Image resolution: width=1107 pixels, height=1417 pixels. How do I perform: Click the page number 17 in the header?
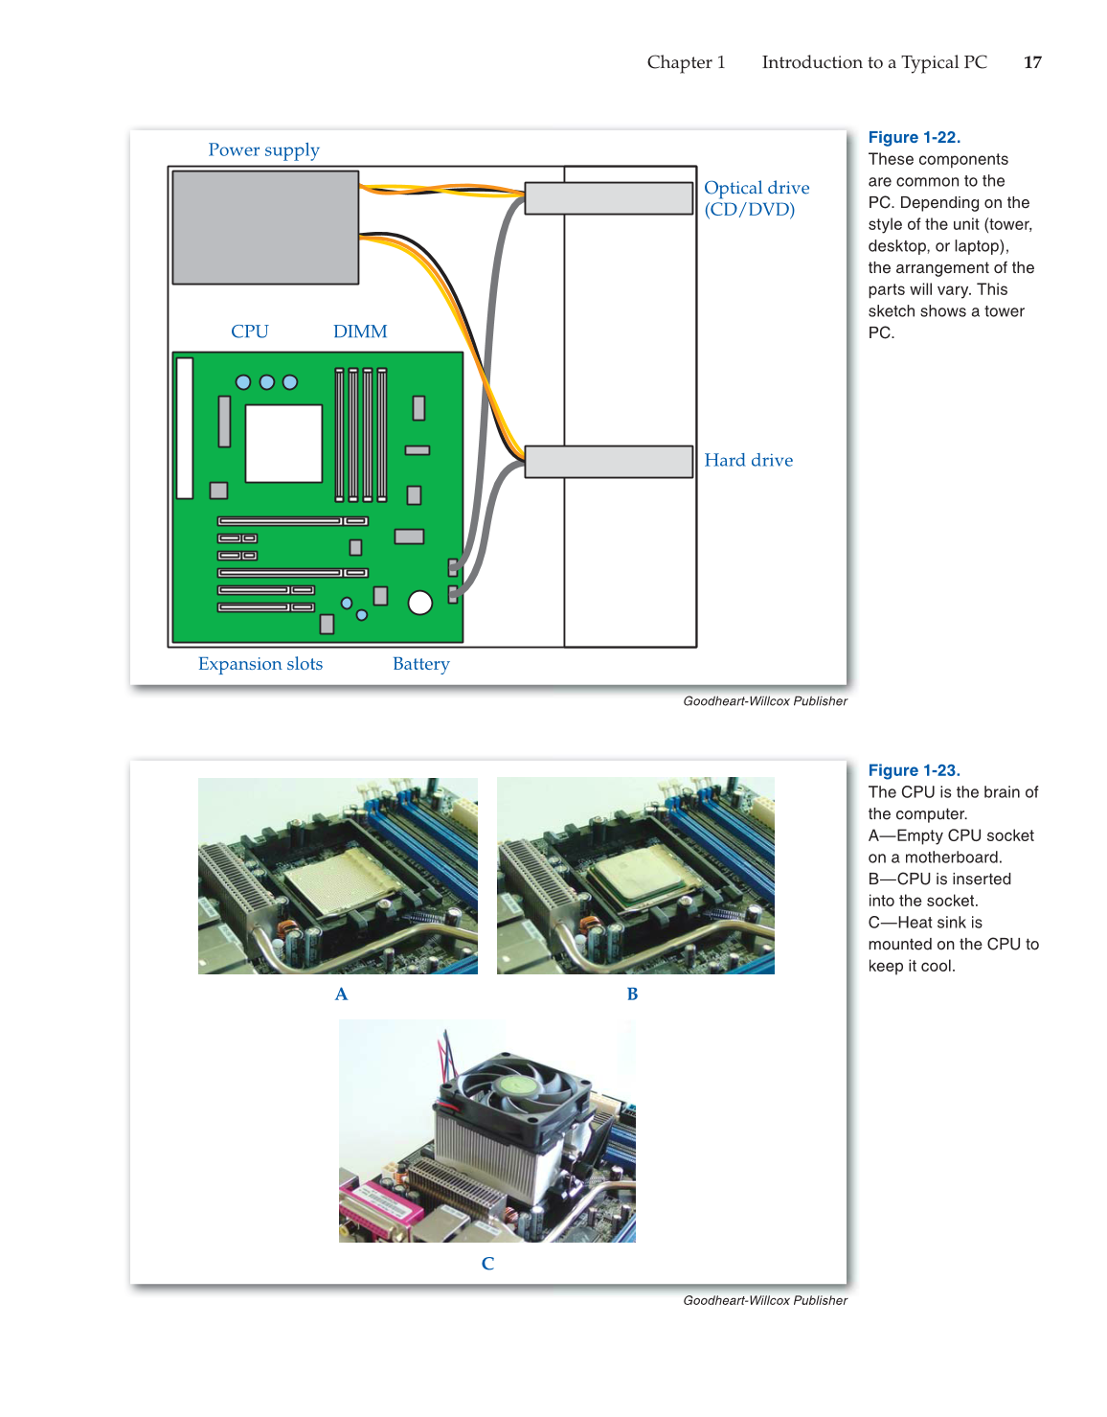[1032, 62]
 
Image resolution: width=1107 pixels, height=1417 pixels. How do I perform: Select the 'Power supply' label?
[263, 150]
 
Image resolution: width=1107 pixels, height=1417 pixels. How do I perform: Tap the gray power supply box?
[265, 228]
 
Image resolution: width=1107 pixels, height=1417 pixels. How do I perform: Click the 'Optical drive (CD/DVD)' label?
[756, 198]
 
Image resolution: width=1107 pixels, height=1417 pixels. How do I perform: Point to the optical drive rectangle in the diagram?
[608, 198]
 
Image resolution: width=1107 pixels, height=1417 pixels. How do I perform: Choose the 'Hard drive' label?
[748, 461]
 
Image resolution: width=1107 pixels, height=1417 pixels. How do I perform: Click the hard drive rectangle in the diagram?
[608, 462]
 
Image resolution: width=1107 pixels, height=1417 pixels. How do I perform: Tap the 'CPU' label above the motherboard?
[249, 331]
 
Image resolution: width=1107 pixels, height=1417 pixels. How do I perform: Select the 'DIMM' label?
[360, 331]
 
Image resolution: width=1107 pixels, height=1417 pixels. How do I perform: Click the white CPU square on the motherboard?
[283, 444]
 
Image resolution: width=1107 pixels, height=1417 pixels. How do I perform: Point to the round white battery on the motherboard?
[419, 602]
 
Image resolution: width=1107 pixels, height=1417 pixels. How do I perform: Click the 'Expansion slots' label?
[260, 664]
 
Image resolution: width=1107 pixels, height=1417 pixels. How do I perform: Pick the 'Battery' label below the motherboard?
[420, 664]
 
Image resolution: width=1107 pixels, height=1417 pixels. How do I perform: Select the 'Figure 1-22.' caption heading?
[914, 138]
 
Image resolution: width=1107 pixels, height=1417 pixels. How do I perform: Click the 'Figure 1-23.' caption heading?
[914, 770]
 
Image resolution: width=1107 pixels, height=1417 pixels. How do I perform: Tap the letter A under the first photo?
[341, 994]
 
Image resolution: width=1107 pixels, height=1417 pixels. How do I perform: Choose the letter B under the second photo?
[632, 994]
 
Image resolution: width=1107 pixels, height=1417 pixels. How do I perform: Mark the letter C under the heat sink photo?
[487, 1264]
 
